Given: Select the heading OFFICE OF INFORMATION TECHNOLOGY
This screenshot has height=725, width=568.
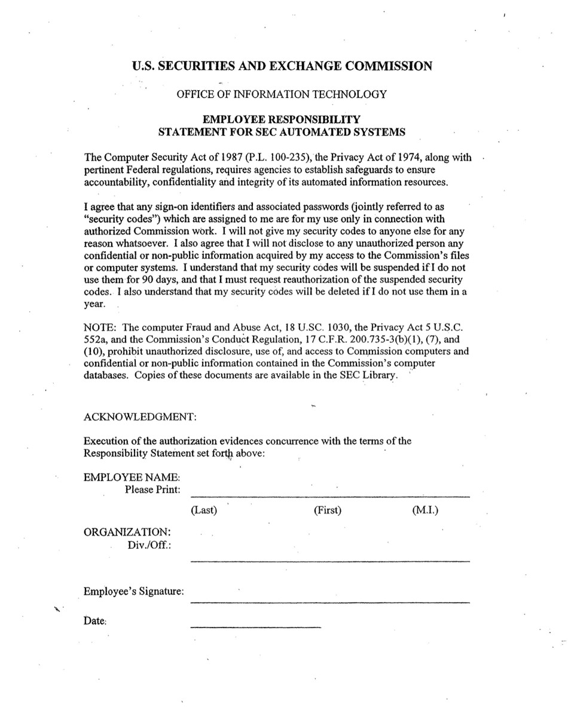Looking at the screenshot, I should [x=281, y=94].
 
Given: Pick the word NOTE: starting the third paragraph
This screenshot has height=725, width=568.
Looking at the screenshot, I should [x=101, y=327].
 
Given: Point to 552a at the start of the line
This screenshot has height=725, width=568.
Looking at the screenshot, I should [x=94, y=339].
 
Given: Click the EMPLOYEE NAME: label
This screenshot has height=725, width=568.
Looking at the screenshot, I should [x=132, y=477].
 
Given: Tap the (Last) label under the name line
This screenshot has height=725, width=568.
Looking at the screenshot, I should [x=203, y=510].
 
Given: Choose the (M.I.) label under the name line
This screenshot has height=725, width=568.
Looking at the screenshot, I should [x=425, y=510].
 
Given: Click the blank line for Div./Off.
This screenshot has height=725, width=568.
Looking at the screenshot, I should [x=329, y=560].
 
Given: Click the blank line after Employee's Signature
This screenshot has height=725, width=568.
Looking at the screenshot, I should [x=329, y=601].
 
